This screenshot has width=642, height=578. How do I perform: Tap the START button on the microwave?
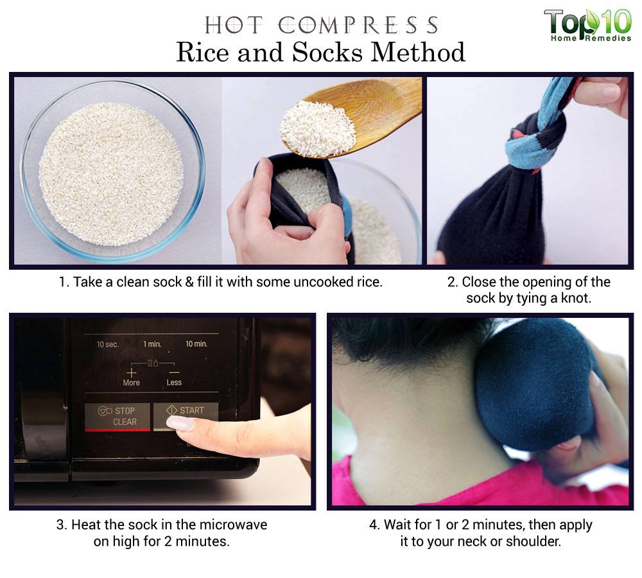tap(186, 416)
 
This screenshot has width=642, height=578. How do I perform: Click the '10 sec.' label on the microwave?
tap(108, 344)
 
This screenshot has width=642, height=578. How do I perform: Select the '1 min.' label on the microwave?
tap(152, 344)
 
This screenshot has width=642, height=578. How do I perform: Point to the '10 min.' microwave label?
tap(196, 344)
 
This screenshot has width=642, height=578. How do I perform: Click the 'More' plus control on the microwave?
tap(131, 377)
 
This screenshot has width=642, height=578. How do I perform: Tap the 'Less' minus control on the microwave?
tap(174, 377)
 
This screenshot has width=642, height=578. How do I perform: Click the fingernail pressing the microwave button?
tap(180, 423)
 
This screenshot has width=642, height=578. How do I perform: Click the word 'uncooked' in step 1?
tap(321, 282)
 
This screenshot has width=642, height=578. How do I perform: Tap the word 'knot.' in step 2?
tap(576, 298)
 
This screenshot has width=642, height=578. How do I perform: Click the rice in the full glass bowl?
tap(111, 175)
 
